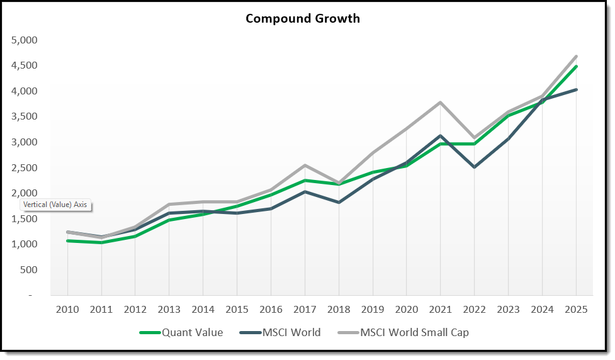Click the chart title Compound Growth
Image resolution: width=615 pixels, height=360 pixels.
point(303,18)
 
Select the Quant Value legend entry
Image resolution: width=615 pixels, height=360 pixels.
point(192,332)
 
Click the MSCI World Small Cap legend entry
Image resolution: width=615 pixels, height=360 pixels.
point(414,332)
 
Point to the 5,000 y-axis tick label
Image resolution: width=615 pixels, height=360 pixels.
point(25,40)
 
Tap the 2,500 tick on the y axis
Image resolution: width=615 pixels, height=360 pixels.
point(25,168)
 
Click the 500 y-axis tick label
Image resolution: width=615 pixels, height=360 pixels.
point(28,270)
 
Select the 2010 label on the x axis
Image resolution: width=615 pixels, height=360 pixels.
point(67,309)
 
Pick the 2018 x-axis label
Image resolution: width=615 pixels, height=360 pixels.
point(339,309)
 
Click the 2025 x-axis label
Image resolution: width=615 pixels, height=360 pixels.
point(576,309)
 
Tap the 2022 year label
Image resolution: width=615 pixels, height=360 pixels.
point(475,309)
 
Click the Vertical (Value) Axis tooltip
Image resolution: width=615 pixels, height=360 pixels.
point(56,205)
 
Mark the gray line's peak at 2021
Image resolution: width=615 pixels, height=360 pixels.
point(441,103)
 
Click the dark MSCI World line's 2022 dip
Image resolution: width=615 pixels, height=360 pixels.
point(475,167)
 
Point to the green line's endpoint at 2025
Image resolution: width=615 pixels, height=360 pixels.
point(576,66)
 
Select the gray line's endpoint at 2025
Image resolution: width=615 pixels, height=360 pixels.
point(576,56)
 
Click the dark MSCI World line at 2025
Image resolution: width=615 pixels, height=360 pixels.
point(576,89)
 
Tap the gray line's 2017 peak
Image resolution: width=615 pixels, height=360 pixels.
point(305,166)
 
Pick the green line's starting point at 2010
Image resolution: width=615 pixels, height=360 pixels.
point(67,240)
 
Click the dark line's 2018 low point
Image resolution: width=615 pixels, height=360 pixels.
point(339,202)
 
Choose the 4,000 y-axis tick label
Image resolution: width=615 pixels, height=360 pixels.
point(25,91)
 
